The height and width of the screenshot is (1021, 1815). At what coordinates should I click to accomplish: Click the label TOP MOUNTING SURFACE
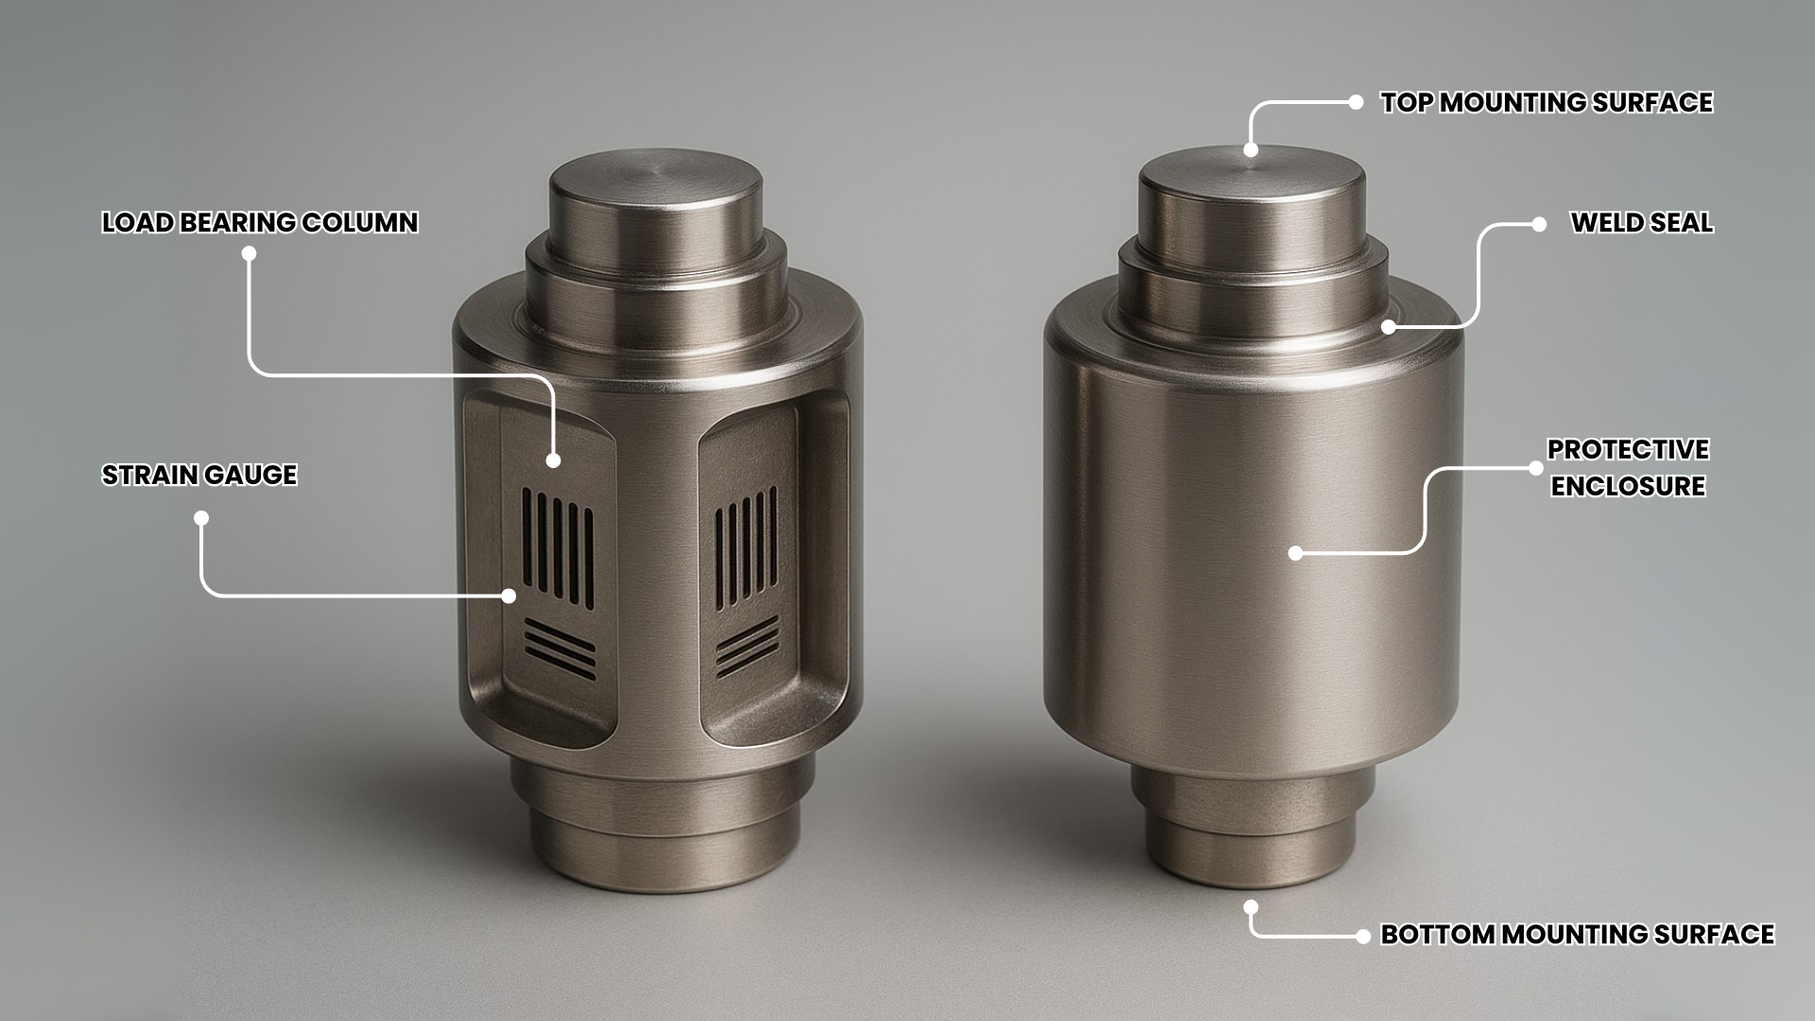(x=1546, y=102)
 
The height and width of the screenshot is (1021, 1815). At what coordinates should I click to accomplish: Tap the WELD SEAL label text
(x=1641, y=223)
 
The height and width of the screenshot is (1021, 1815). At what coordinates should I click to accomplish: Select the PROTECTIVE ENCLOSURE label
(x=1628, y=467)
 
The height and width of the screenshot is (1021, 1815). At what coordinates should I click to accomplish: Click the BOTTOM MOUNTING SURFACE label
(x=1577, y=934)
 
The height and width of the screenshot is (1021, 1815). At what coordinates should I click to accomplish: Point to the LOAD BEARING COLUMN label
(x=260, y=223)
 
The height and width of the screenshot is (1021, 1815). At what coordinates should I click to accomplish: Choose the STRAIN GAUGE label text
(x=199, y=475)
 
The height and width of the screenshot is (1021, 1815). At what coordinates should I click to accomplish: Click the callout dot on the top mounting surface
(x=1251, y=149)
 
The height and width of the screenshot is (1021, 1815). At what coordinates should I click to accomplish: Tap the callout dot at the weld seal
(x=1388, y=327)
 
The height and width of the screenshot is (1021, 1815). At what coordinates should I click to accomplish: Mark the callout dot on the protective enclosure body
(x=1296, y=553)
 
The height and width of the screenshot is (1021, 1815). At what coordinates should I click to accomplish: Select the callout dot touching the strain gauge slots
(x=509, y=596)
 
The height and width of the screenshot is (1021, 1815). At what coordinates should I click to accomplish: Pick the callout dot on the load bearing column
(x=553, y=460)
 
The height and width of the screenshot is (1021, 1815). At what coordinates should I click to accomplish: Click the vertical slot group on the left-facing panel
(x=558, y=546)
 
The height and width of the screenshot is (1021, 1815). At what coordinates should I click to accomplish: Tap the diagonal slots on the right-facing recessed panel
(x=748, y=646)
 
